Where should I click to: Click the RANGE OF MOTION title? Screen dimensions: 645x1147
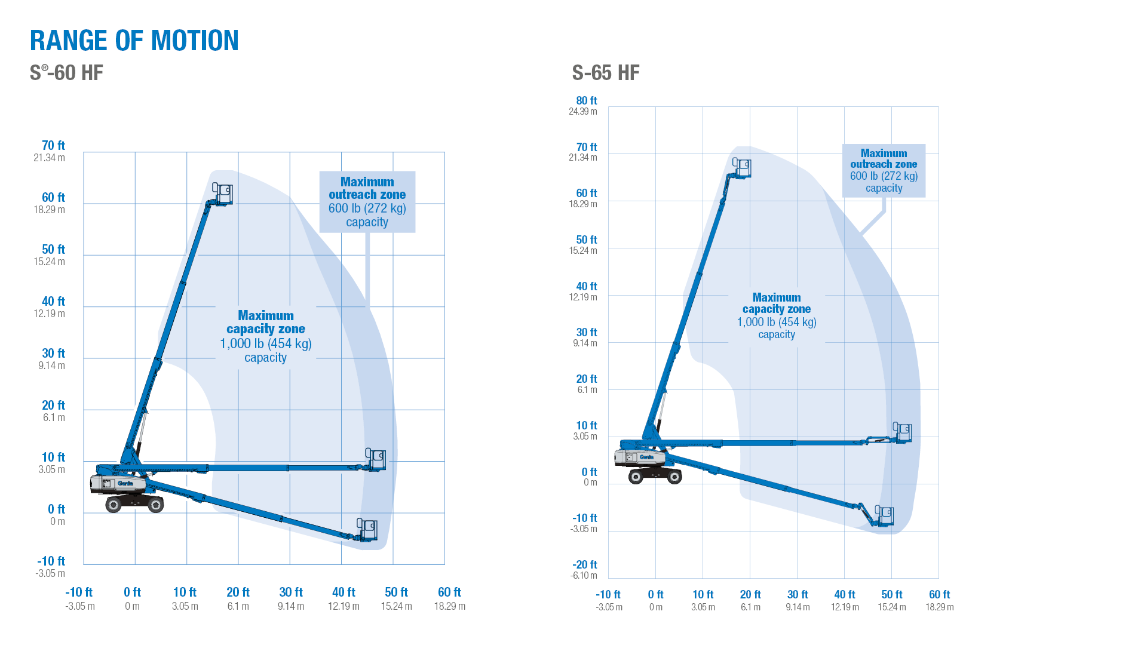(x=134, y=41)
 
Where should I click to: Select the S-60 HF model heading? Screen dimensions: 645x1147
(x=66, y=73)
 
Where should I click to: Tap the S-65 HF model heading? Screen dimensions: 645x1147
(x=605, y=73)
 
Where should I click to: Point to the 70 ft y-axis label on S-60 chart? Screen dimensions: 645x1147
(x=53, y=146)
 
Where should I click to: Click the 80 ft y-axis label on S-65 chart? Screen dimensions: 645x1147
(x=586, y=101)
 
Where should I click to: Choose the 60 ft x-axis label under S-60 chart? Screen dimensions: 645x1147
(x=449, y=592)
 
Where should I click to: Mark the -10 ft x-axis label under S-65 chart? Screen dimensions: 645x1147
(x=608, y=595)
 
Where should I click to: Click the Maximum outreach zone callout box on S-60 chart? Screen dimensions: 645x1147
(x=367, y=202)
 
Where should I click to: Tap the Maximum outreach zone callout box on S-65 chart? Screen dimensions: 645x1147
(x=884, y=170)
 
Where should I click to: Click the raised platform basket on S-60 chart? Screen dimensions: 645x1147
(x=223, y=194)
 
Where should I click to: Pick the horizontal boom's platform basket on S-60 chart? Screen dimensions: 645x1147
(x=376, y=459)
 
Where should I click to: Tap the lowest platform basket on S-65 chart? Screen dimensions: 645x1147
(x=884, y=515)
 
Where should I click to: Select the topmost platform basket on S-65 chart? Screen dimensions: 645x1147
(x=742, y=168)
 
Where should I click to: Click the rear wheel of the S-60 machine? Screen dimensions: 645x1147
(x=114, y=505)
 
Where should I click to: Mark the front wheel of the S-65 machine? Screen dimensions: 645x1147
(x=674, y=476)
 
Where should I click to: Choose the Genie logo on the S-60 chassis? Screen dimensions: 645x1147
(x=125, y=483)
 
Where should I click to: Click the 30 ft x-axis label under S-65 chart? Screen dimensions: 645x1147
(x=797, y=595)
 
